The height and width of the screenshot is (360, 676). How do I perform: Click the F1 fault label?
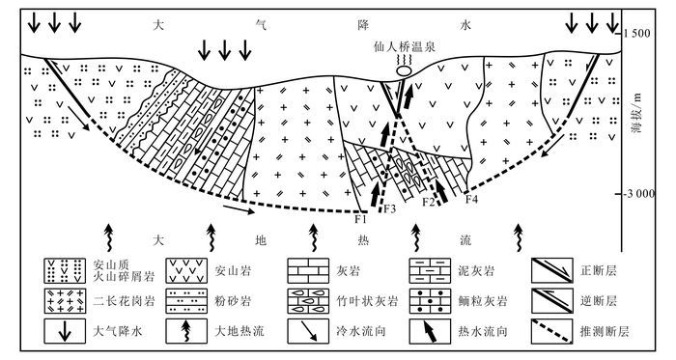point(360,219)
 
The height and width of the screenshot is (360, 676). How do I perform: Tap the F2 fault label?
point(428,201)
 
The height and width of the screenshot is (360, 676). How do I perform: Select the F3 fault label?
point(390,209)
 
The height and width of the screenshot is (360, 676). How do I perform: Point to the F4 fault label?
point(471,200)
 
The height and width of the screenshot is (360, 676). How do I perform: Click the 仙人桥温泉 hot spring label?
point(405,47)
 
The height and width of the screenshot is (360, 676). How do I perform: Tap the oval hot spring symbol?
point(405,70)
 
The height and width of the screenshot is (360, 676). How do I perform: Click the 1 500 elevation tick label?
point(636,34)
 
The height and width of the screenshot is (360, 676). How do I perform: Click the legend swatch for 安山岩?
point(186,271)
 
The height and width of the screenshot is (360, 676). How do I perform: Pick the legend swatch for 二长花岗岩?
point(65,301)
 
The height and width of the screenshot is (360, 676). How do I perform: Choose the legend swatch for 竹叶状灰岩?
point(308,301)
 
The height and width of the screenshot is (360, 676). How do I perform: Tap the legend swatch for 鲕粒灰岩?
point(430,301)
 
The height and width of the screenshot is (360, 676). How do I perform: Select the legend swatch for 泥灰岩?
point(430,271)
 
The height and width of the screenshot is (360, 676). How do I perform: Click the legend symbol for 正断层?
point(551,271)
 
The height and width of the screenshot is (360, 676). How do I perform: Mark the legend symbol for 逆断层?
point(551,301)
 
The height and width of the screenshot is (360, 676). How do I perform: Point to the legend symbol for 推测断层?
point(551,331)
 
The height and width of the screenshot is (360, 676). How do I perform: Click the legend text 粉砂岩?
point(233,301)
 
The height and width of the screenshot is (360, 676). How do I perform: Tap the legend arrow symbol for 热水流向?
point(430,332)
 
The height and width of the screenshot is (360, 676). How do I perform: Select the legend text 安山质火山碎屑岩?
point(124,270)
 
